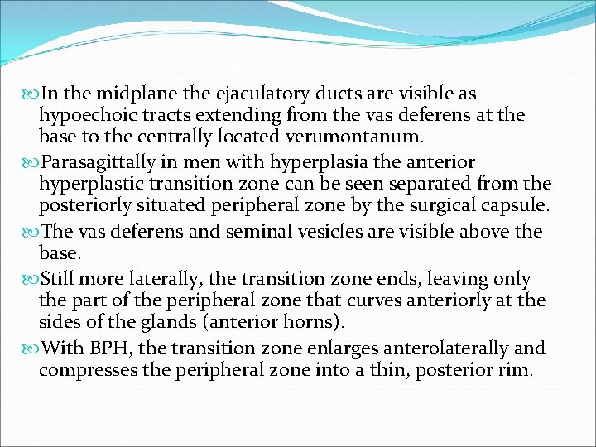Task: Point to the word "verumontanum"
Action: pyautogui.click(x=358, y=136)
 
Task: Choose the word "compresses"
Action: pyautogui.click(x=89, y=368)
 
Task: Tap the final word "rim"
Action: pyautogui.click(x=512, y=368)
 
